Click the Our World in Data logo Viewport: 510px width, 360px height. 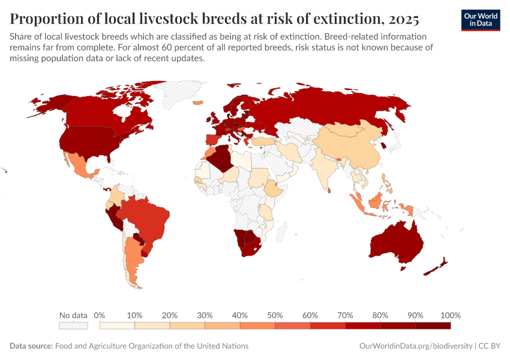click(x=480, y=20)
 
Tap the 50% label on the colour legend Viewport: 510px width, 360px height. click(x=274, y=315)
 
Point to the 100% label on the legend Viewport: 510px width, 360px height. click(x=450, y=315)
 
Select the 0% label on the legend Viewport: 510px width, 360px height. click(x=100, y=315)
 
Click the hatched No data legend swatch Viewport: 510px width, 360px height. click(x=73, y=326)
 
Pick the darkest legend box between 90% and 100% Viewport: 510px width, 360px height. click(x=433, y=326)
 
